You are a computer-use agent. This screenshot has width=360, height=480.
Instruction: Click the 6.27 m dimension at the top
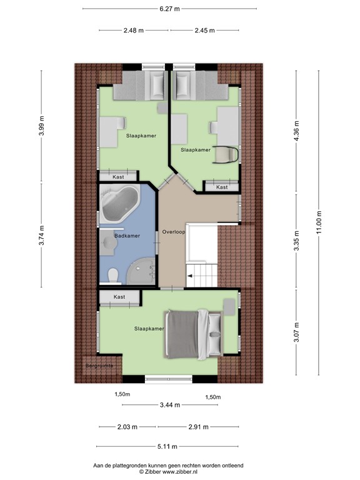169,9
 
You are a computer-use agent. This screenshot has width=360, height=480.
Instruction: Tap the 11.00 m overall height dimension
318,222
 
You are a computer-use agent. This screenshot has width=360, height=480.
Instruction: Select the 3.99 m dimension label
42,126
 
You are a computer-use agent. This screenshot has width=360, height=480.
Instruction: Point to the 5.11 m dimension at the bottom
168,446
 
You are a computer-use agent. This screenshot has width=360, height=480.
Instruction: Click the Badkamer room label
127,236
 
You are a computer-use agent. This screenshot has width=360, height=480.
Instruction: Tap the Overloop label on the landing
172,232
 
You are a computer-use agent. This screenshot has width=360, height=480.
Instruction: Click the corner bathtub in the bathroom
121,204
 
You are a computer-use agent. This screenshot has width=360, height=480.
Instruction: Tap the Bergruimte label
100,364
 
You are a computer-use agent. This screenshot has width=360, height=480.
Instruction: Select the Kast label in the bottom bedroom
119,297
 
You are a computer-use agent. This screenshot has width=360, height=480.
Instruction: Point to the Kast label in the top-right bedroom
222,187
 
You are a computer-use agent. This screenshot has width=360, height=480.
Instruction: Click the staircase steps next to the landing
201,271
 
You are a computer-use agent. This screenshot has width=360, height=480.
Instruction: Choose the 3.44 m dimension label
169,405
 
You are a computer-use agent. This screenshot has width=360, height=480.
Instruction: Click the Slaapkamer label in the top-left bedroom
141,136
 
